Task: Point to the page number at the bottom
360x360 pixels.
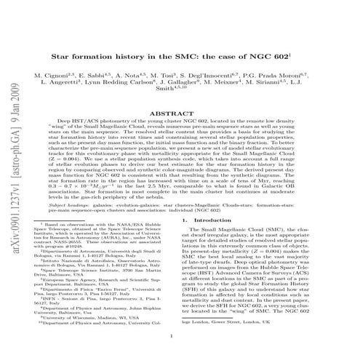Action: pos(180,337)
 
